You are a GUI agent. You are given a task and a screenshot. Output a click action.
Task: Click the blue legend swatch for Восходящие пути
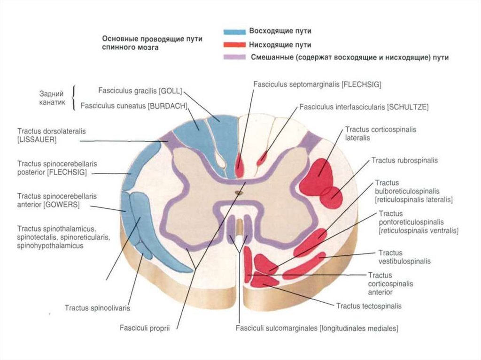click(234, 32)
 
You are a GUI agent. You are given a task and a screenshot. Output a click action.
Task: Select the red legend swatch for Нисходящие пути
click(234, 45)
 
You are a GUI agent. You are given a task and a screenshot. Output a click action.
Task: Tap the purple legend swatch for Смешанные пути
click(234, 57)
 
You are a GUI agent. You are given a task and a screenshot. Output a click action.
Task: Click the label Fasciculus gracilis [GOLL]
click(140, 90)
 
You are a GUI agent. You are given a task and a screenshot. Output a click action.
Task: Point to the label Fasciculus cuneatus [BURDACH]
click(134, 106)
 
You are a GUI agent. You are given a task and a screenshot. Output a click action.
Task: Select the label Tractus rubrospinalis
click(404, 161)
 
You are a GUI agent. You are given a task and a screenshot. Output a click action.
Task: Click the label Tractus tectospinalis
click(369, 306)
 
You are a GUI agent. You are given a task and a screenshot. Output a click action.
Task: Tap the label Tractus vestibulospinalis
click(404, 257)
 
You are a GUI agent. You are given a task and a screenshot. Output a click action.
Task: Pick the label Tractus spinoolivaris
click(97, 308)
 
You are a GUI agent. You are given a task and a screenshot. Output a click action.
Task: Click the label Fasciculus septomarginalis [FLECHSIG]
click(317, 84)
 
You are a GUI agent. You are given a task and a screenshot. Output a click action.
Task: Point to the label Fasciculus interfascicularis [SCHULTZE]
click(364, 107)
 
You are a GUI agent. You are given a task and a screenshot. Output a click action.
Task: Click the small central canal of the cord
click(239, 192)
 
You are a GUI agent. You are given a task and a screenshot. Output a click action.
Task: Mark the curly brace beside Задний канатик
click(74, 98)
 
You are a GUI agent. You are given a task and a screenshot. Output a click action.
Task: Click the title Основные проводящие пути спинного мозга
click(152, 43)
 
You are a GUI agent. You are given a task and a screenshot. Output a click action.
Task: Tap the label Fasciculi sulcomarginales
click(317, 329)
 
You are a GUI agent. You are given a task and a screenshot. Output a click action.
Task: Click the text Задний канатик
click(52, 98)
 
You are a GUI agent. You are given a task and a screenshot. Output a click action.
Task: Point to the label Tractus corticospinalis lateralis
click(380, 133)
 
